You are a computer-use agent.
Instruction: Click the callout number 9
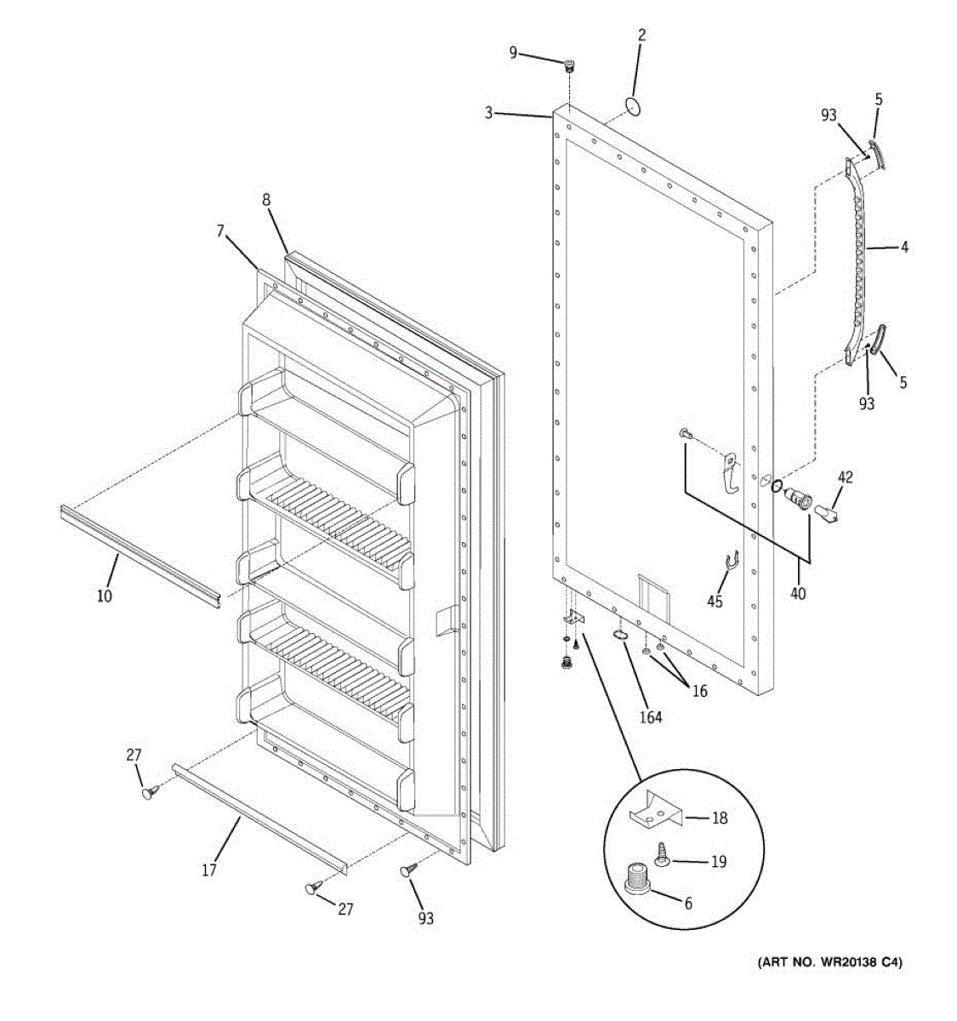coord(513,53)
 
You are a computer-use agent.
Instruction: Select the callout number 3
coord(489,112)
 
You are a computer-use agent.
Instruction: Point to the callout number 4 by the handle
coord(904,248)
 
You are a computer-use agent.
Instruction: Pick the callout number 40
coord(798,594)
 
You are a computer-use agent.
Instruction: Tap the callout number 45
coord(715,602)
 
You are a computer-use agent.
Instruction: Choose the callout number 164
coord(652,717)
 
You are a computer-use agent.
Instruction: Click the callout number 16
coord(699,691)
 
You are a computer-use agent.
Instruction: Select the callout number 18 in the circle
coord(720,819)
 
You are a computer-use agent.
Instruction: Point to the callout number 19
coord(719,862)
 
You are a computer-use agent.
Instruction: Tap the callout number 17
coord(209,870)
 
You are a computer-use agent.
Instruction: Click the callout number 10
coord(104,596)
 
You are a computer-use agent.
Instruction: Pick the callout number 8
coord(266,201)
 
